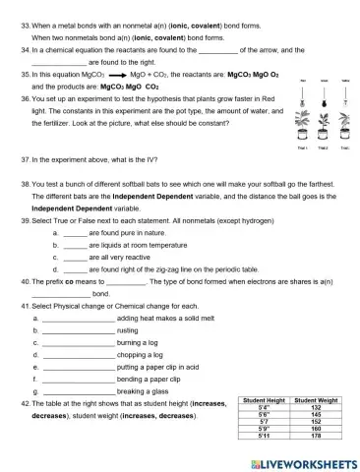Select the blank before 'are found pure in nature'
[75, 232]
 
